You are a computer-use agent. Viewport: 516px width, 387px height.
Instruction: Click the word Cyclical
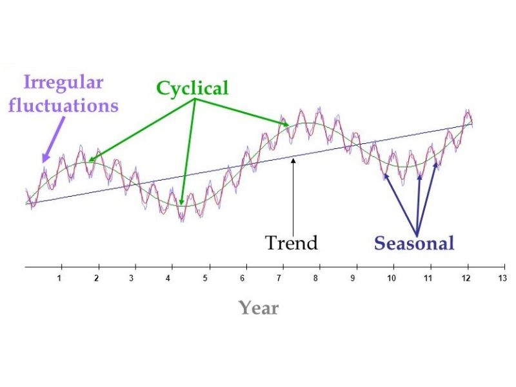click(192, 88)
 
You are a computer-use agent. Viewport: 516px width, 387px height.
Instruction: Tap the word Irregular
click(64, 83)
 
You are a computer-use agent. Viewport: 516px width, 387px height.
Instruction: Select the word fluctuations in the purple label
click(63, 105)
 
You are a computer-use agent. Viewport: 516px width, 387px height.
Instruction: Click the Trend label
click(292, 243)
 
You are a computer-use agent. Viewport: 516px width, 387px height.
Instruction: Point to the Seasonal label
click(415, 243)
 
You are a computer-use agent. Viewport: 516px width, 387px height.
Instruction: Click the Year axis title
click(259, 308)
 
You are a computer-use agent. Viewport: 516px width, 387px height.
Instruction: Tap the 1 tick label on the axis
click(59, 279)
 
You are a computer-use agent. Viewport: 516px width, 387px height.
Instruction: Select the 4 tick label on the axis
click(168, 279)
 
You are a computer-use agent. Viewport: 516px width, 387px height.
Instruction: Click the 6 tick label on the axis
click(243, 279)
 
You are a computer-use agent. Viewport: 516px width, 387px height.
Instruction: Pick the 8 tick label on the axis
click(316, 279)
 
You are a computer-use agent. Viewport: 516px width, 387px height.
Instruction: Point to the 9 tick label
click(353, 279)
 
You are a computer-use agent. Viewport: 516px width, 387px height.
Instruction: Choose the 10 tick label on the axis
click(391, 279)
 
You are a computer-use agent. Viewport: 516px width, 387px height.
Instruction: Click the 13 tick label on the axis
click(502, 279)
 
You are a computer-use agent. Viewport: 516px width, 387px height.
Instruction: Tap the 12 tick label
click(465, 279)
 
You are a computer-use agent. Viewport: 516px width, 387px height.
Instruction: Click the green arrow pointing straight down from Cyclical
click(188, 155)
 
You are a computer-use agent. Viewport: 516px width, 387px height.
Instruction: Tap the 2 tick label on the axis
click(96, 279)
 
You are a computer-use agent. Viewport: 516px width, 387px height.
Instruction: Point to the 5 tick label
click(206, 279)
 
